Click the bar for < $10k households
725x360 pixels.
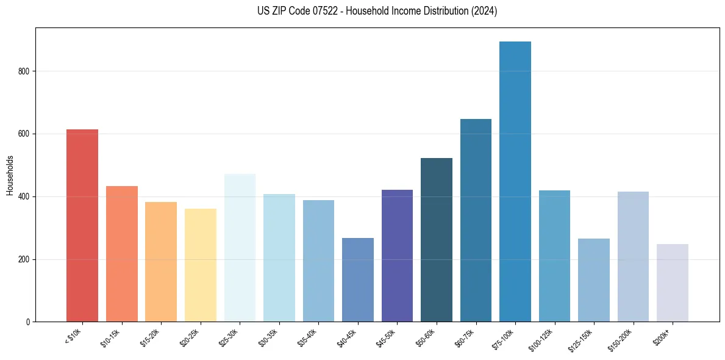click(82, 226)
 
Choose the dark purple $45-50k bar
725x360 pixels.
click(397, 256)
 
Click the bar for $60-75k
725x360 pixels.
click(476, 220)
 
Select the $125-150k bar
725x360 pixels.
click(594, 280)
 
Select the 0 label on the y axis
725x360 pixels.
click(28, 322)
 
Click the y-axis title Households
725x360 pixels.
click(10, 175)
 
